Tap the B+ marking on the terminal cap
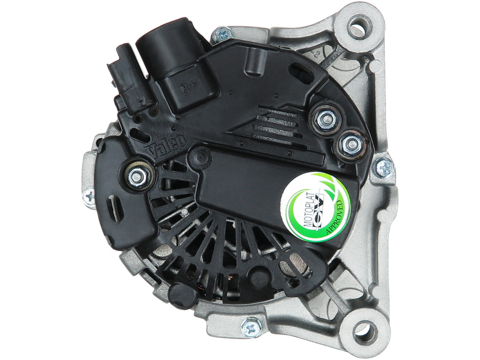click(x=186, y=89)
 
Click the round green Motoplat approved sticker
click(x=316, y=205)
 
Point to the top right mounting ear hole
click(x=358, y=27)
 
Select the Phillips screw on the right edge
click(x=384, y=168)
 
